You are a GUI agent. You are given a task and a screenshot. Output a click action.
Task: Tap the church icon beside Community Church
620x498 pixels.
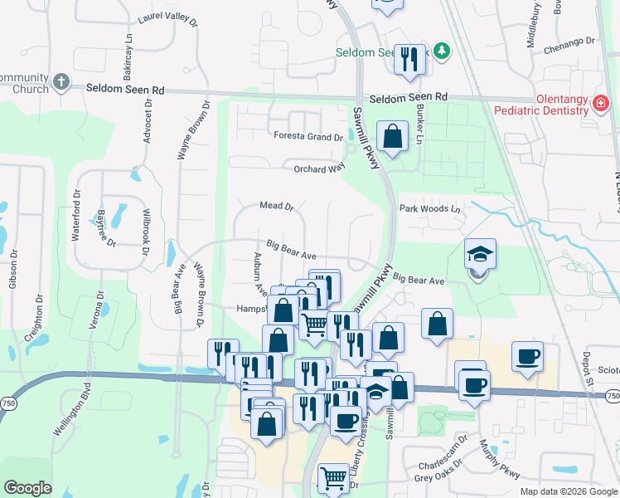pyautogui.click(x=61, y=81)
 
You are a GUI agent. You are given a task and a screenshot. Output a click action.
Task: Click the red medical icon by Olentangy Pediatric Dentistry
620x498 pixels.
pyautogui.click(x=601, y=104)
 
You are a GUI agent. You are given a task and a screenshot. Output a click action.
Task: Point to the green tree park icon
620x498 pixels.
pyautogui.click(x=442, y=51)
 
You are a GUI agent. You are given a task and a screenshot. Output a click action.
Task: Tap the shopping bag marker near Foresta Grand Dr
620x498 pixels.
pyautogui.click(x=392, y=136)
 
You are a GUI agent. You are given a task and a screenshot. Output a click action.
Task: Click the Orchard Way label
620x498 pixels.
pyautogui.click(x=319, y=168)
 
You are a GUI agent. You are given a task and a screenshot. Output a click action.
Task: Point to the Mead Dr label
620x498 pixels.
pyautogui.click(x=277, y=206)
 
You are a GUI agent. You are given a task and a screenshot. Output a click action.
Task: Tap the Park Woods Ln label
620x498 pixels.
pyautogui.click(x=429, y=208)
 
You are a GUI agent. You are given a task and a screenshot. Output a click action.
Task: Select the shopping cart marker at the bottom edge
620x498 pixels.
pyautogui.click(x=333, y=477)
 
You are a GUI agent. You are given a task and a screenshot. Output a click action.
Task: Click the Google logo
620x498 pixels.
pyautogui.click(x=28, y=487)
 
